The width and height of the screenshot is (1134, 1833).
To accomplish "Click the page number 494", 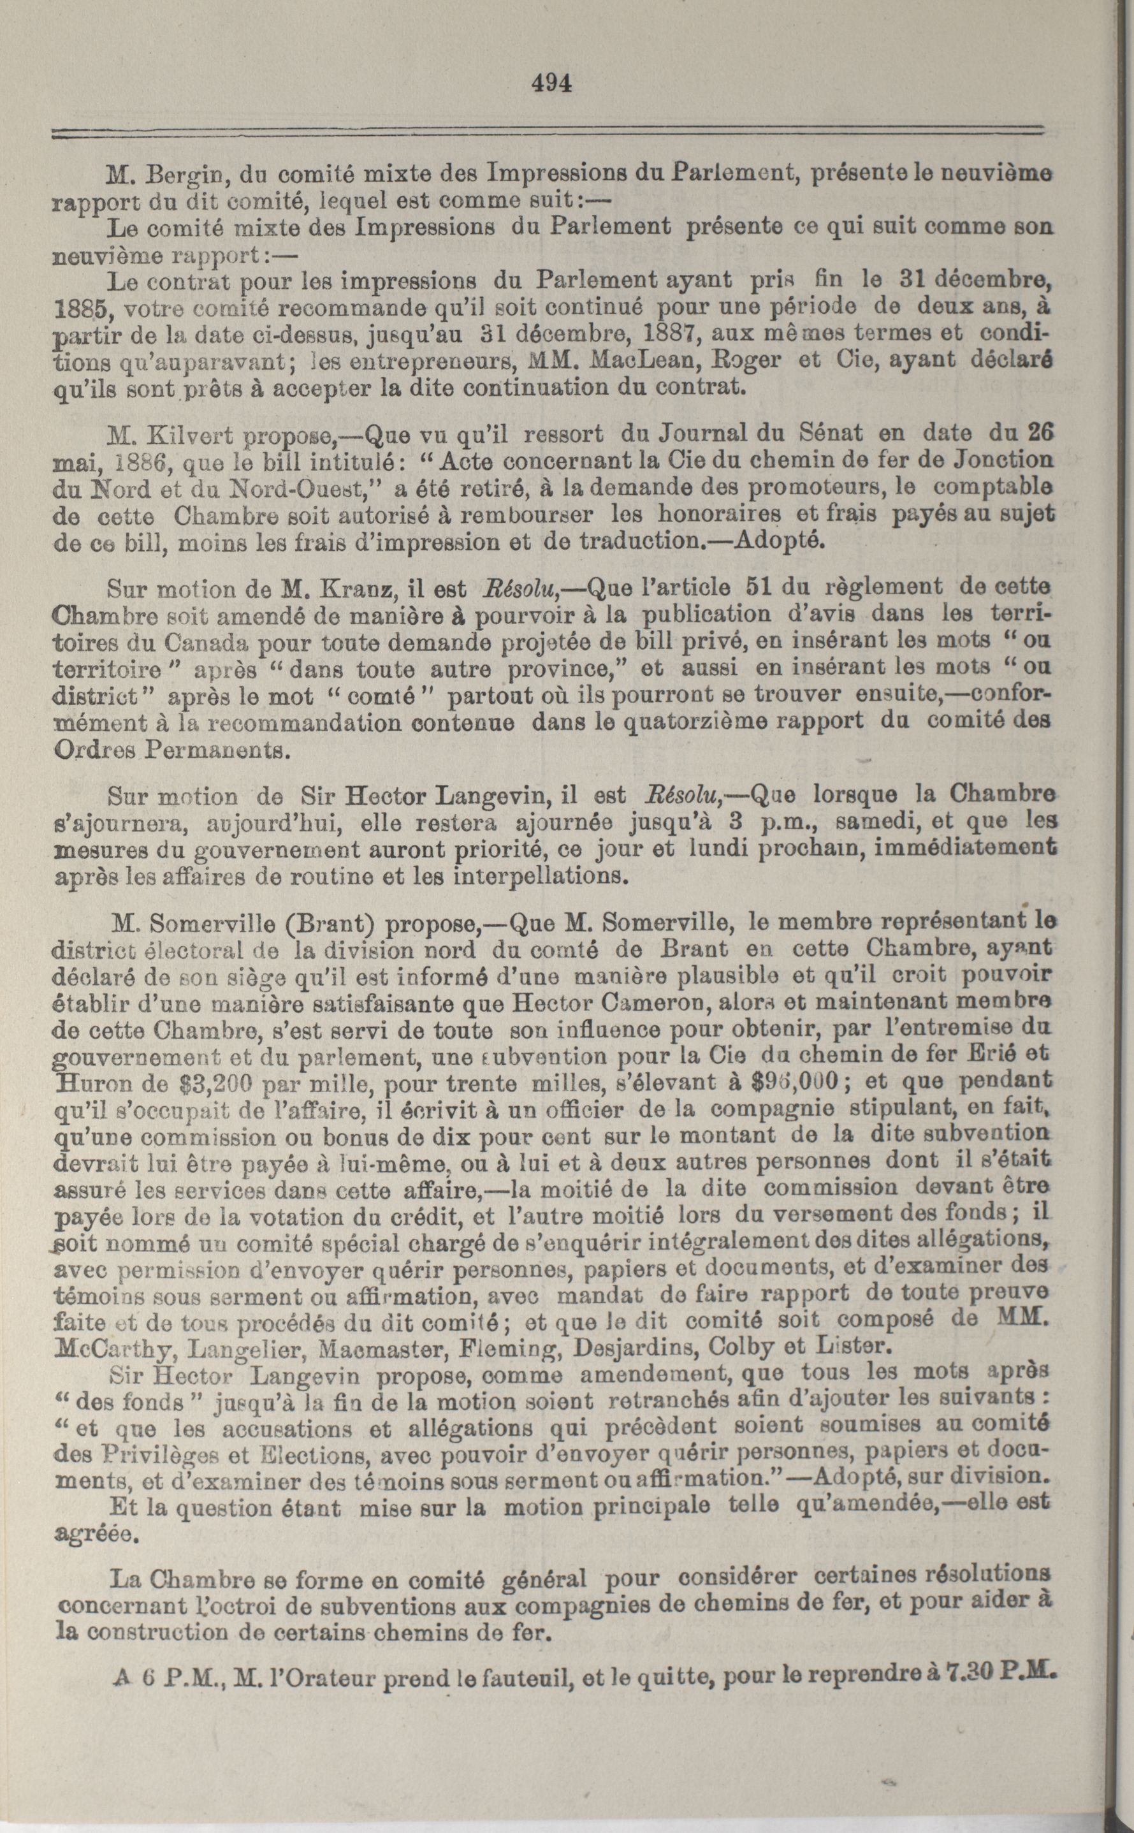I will [551, 84].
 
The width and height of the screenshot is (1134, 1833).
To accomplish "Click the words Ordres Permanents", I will [171, 751].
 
